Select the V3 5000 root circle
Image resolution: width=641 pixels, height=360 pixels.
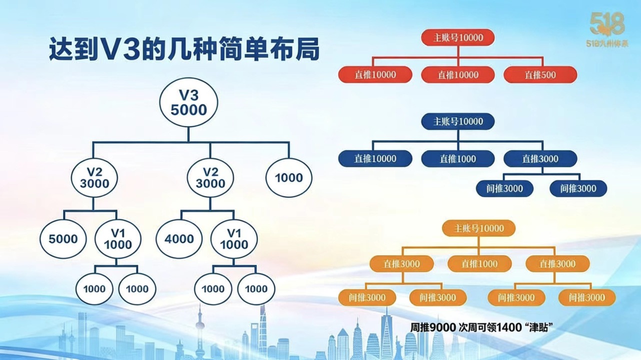click(188, 102)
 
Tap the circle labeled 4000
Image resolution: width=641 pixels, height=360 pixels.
click(179, 239)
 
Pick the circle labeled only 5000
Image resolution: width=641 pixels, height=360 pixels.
click(63, 239)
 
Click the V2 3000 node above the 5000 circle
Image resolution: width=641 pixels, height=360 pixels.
click(94, 177)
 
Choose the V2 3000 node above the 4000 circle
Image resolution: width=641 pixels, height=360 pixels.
click(210, 177)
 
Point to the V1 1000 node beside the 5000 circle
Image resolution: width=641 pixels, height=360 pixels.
click(118, 239)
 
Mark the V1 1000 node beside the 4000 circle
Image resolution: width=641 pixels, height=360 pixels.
click(234, 239)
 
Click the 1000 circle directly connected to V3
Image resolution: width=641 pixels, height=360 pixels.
click(288, 177)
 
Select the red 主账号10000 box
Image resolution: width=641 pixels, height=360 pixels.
click(457, 37)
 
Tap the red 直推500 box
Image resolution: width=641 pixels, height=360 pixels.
click(540, 75)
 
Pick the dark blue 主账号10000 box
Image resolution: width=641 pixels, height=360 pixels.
click(457, 121)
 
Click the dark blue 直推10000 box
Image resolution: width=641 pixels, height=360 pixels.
click(375, 159)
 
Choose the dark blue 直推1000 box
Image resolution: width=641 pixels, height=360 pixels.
click(457, 159)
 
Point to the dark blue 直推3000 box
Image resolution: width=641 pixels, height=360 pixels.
click(540, 159)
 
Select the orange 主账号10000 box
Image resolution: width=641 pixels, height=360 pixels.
click(478, 228)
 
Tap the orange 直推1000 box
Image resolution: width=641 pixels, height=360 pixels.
click(479, 263)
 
